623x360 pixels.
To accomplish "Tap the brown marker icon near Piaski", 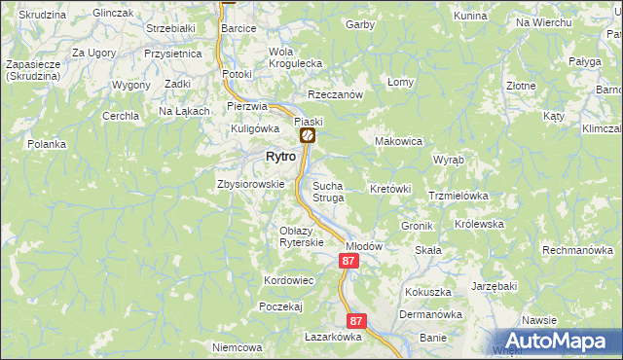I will pos(306,137).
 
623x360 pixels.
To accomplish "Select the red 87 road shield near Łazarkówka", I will pos(356,320).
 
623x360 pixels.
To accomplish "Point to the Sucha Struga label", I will pos(328,191).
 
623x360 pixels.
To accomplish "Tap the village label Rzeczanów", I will pos(335,94).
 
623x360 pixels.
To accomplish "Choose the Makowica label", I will pos(398,141).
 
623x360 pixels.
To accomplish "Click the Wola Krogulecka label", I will pos(295,57).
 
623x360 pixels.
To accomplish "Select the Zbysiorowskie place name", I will pos(250,183).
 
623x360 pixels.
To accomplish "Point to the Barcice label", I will pos(238,29).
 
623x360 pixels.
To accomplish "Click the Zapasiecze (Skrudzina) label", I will pos(35,70).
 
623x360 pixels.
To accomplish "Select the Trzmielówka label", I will pos(458,196).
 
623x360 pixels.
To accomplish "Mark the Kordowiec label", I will pos(288,280).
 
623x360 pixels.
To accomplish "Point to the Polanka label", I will pos(47,144).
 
